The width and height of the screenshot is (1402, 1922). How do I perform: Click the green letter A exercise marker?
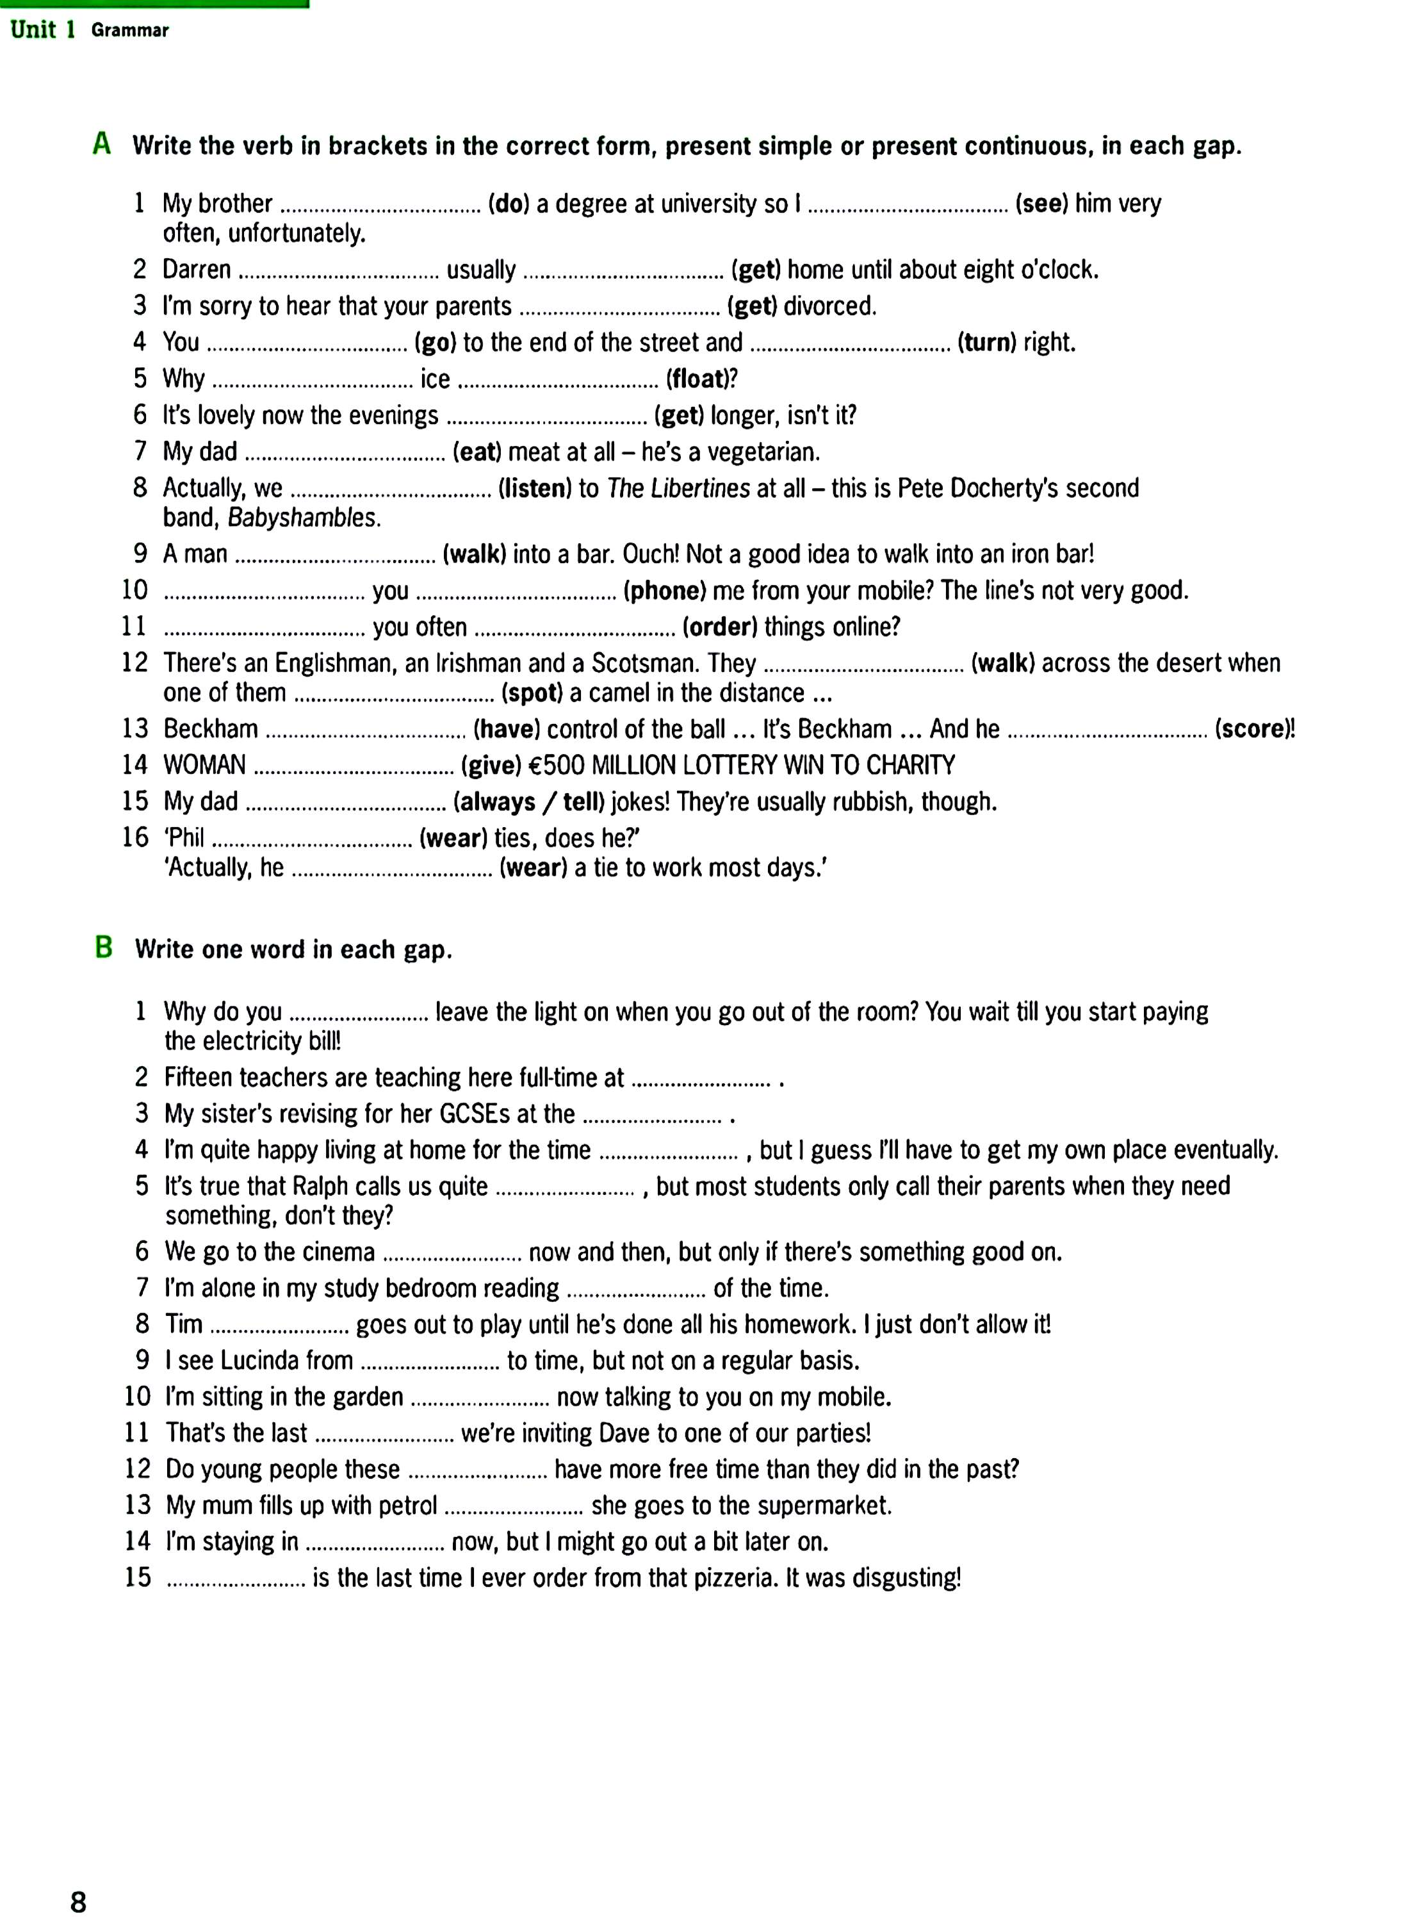[102, 144]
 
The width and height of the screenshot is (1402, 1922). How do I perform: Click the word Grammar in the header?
[130, 31]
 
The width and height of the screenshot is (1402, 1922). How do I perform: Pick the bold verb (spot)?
[533, 693]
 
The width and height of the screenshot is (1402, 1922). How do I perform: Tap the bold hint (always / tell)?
[529, 801]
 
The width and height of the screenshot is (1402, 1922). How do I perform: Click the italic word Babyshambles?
[303, 518]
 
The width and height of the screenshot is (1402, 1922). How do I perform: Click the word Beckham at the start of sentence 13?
[211, 729]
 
